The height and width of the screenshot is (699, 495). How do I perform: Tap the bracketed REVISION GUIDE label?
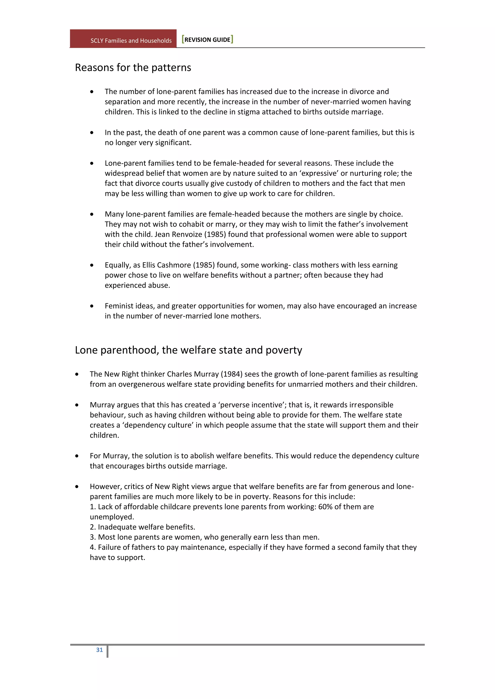point(207,40)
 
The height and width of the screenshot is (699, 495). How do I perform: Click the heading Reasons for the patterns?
point(133,68)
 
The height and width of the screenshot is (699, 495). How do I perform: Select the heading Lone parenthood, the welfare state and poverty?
point(188,350)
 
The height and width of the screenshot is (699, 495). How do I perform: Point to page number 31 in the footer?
point(99,650)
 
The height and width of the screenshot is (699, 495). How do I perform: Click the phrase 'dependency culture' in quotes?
point(158,425)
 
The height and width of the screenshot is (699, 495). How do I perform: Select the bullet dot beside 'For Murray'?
point(77,456)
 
